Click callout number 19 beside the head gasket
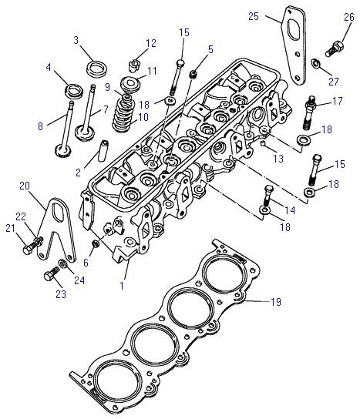pos(276,302)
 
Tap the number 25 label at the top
pos(254,16)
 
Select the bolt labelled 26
pos(335,49)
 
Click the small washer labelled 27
pos(315,63)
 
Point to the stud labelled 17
pos(309,112)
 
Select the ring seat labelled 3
pos(97,69)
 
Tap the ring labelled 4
pos(74,91)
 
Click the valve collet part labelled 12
pos(133,66)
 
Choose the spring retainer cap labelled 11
pos(130,82)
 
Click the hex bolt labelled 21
pos(30,246)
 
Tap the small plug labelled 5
pos(194,73)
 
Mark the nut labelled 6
pos(96,243)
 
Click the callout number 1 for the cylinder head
pos(122,286)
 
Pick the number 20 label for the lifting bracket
pos(25,186)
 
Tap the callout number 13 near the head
pos(278,159)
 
